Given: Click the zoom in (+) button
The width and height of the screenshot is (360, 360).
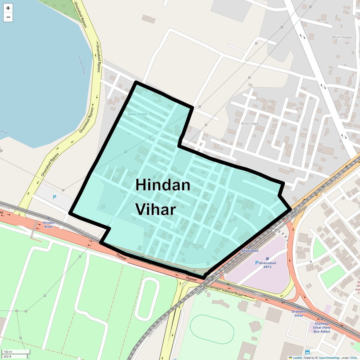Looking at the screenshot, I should [x=8, y=8].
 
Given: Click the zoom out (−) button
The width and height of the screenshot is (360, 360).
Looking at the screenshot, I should [x=8, y=17].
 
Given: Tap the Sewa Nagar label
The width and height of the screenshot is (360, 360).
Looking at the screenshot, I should [x=138, y=114].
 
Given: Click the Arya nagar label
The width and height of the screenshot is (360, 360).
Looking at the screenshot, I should [x=250, y=123].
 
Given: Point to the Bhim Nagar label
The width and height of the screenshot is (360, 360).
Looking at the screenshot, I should [x=342, y=37].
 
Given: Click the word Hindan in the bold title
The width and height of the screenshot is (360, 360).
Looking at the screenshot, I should [x=163, y=185].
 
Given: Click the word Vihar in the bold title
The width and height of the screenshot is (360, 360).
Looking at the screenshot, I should [x=155, y=209].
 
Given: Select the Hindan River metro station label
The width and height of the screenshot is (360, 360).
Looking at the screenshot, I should [x=49, y=225].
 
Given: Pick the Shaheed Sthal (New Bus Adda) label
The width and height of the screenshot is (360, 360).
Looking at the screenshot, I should [x=322, y=327].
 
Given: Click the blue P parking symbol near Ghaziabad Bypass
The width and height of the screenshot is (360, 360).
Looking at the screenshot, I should [x=54, y=197].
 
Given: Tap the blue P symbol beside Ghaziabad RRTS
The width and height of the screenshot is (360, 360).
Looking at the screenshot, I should [x=256, y=263].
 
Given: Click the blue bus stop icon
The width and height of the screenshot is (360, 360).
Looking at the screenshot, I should [x=307, y=352].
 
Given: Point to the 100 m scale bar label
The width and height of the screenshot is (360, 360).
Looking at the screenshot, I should [x=8, y=352].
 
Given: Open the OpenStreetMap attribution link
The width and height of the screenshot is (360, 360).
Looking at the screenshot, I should [x=329, y=358].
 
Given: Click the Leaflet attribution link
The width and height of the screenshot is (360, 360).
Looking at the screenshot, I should [x=297, y=358].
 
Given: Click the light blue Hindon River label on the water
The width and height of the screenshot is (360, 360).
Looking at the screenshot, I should [x=82, y=65].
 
